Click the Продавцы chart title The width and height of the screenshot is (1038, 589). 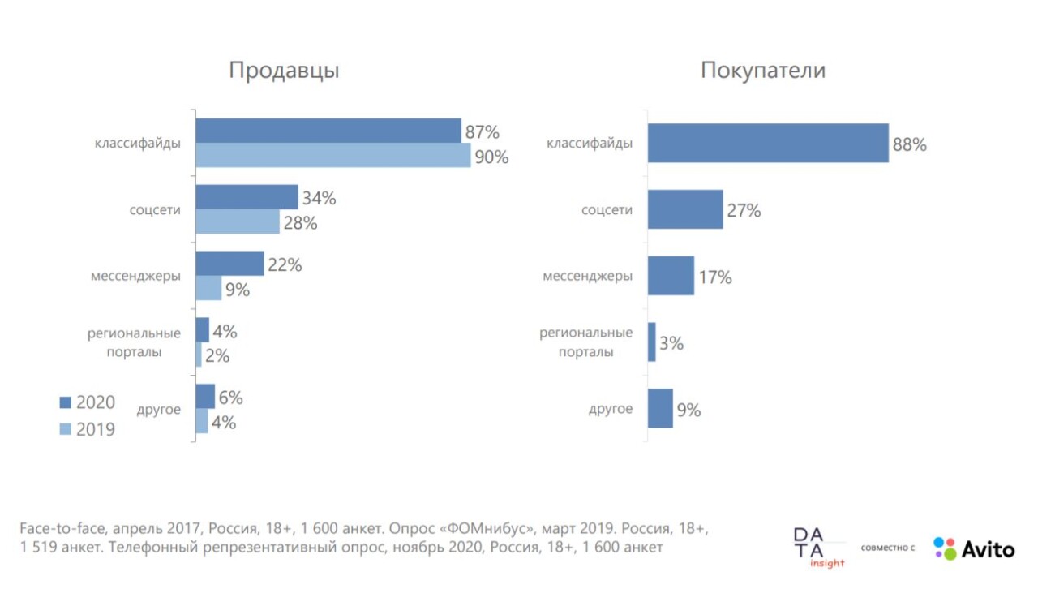click(284, 71)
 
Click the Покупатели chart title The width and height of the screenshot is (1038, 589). click(763, 71)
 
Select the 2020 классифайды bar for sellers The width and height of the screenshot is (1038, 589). click(328, 131)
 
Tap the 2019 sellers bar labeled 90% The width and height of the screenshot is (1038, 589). click(332, 156)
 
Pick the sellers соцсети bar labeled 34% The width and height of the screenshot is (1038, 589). click(247, 197)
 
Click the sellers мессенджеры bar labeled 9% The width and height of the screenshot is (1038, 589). click(208, 288)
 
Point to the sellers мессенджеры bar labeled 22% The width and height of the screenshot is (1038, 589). click(229, 264)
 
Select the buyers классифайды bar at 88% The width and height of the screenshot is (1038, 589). click(768, 144)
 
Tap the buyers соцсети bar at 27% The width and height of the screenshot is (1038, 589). click(685, 209)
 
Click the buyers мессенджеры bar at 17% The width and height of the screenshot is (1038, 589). click(671, 276)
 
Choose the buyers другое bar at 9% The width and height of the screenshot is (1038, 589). click(660, 408)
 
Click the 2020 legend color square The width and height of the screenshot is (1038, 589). click(66, 402)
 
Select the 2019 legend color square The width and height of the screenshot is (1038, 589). click(66, 429)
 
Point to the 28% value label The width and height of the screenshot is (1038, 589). click(300, 223)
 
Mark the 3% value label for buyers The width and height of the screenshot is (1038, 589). click(671, 343)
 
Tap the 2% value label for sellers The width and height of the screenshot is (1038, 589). click(217, 356)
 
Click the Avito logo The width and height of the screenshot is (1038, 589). click(973, 549)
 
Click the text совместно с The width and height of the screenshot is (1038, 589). click(888, 548)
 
